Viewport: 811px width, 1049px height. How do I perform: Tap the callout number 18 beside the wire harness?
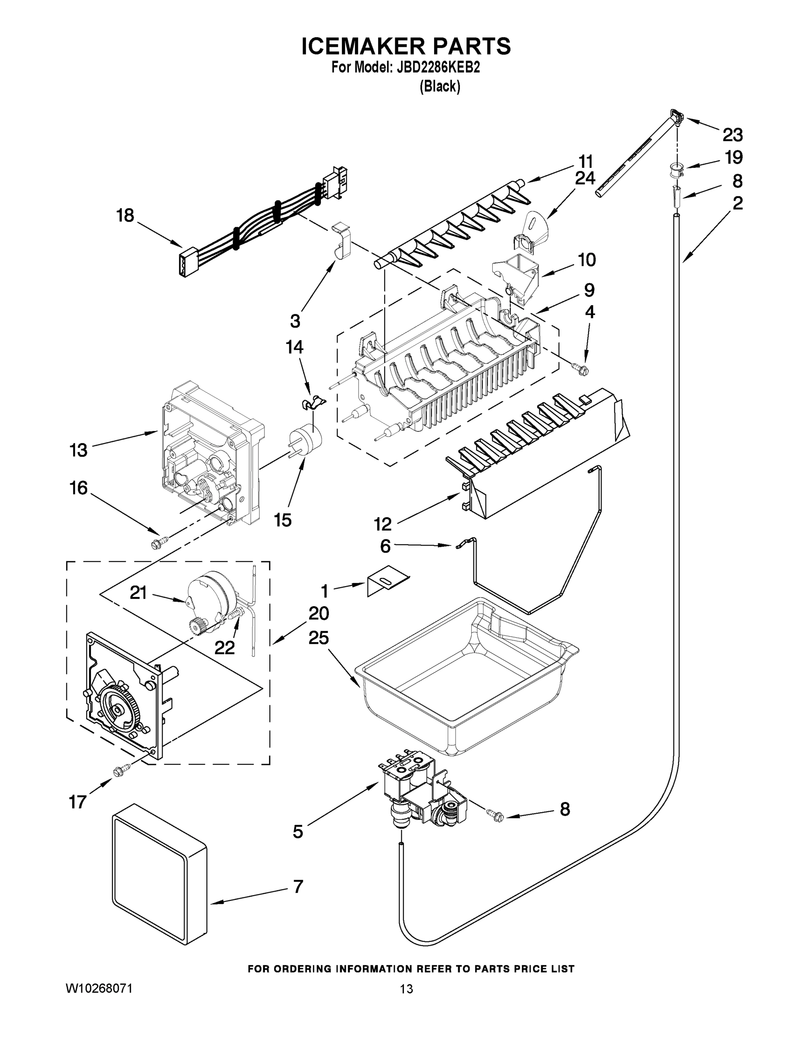[x=125, y=215]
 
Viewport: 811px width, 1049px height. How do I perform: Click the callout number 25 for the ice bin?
[x=319, y=638]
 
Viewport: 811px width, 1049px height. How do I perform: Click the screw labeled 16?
[x=159, y=543]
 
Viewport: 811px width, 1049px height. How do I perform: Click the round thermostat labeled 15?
[x=306, y=441]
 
